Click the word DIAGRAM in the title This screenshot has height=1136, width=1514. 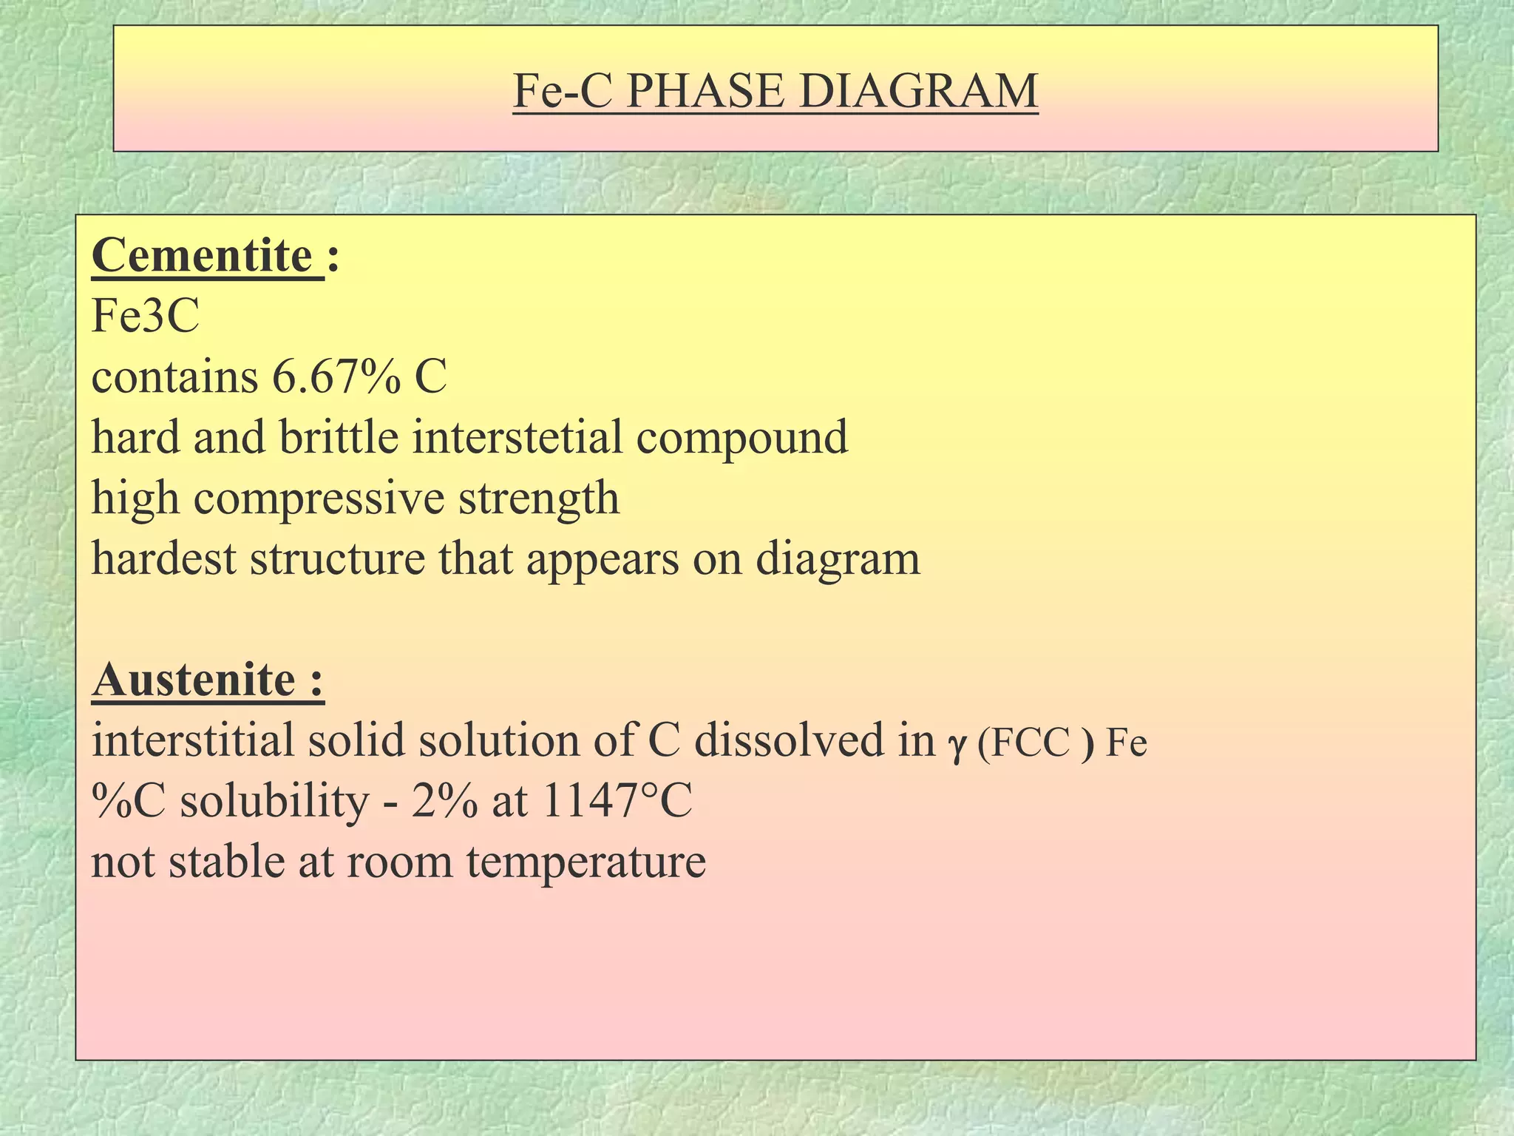click(x=918, y=92)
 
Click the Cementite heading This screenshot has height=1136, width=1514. click(x=203, y=257)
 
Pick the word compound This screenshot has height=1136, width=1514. click(x=741, y=439)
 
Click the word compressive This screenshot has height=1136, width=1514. click(x=319, y=498)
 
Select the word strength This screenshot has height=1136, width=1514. click(x=538, y=498)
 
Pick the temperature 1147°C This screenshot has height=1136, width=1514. click(x=617, y=801)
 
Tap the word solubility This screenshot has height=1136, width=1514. click(x=274, y=802)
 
